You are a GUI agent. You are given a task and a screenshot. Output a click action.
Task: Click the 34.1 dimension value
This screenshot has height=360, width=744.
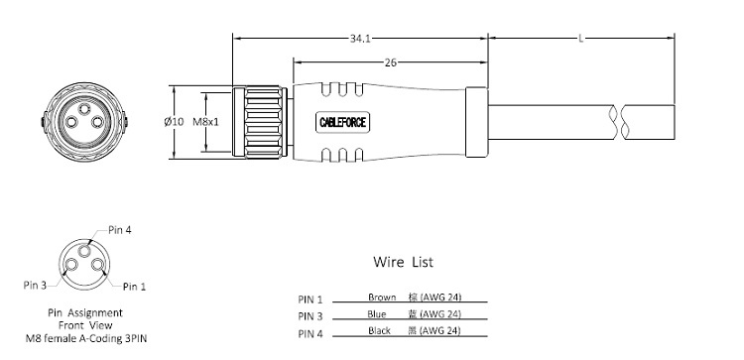point(360,39)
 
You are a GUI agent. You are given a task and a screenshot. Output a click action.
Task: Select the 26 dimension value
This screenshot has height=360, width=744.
point(390,62)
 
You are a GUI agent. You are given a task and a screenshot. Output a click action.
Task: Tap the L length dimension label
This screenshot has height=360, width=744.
point(580,39)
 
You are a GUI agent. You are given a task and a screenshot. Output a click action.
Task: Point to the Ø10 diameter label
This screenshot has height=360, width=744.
point(174,122)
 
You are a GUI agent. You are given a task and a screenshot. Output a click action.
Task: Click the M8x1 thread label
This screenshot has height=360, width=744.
point(206,122)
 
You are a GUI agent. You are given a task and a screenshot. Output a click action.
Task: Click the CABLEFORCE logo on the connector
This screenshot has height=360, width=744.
point(342,123)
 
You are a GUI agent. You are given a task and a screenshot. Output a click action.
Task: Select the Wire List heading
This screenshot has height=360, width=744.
point(403,262)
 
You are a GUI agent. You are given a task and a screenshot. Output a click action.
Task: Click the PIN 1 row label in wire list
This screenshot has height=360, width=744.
point(310,300)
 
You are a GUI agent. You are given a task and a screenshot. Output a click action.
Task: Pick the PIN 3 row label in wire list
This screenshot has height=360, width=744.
point(310,316)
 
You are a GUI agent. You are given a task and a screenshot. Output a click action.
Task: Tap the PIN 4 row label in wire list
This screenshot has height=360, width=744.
point(310,334)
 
